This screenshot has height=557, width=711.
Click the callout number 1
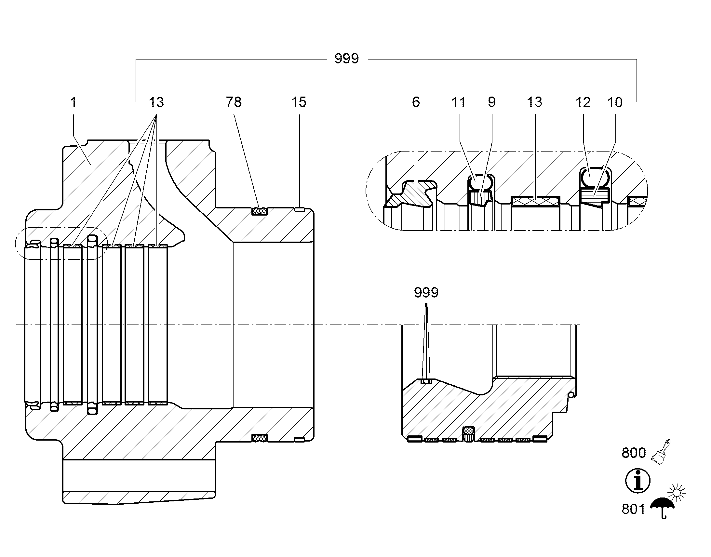pos(74,102)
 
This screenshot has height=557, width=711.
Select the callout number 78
pos(234,102)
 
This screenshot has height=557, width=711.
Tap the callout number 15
pos(299,102)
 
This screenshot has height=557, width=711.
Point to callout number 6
pos(416,102)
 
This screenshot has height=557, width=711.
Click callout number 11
pos(458,102)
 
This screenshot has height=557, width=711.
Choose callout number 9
pos(492,102)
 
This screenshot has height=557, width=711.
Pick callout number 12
pos(583,102)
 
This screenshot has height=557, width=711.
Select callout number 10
pos(615,102)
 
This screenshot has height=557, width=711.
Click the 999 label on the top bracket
pos(347,59)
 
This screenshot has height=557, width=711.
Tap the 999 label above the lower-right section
pos(426,293)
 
